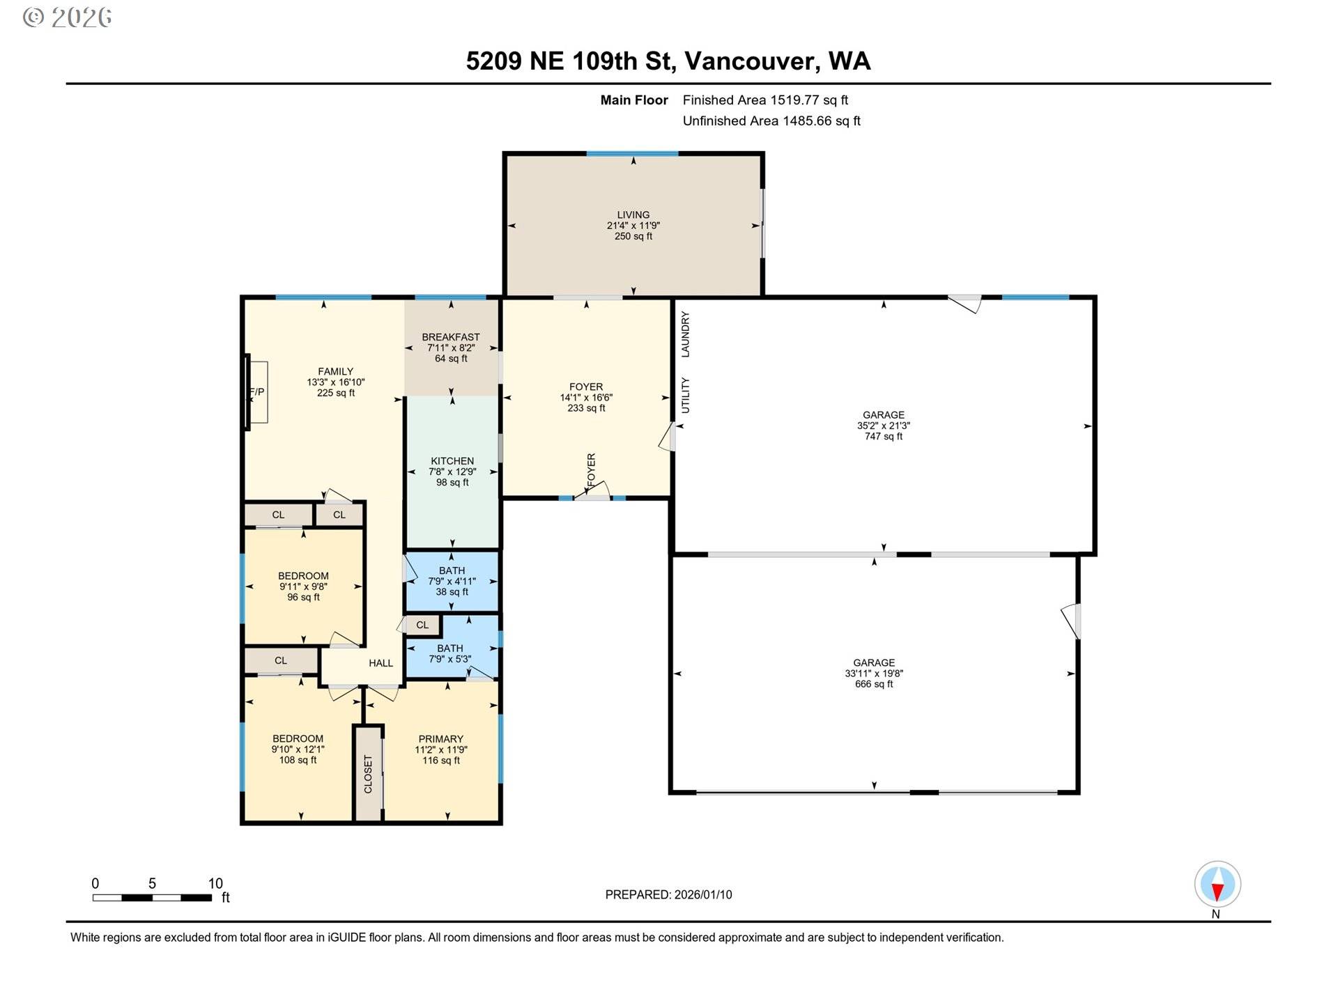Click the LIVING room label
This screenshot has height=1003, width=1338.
tap(633, 215)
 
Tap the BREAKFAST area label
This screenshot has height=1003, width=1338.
tap(451, 337)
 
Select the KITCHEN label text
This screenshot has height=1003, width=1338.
tap(452, 461)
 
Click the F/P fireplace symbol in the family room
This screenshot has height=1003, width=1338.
tap(257, 392)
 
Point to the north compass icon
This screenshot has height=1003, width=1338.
tap(1217, 885)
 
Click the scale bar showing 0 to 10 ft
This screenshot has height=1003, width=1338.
tap(152, 897)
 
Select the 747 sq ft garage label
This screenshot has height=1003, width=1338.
tap(883, 426)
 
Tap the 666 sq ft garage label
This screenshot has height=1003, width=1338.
tap(874, 674)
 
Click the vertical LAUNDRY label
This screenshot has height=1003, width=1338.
tap(685, 334)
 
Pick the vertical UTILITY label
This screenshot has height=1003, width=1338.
tap(685, 396)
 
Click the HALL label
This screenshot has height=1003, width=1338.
tap(380, 663)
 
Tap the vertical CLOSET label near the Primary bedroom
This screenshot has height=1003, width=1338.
tap(369, 775)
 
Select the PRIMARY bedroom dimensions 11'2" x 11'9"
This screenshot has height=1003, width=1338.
tap(440, 750)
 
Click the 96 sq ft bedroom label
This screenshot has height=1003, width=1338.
tap(303, 586)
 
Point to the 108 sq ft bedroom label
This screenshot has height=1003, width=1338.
tap(298, 749)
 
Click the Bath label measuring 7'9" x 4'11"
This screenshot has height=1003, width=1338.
tap(452, 581)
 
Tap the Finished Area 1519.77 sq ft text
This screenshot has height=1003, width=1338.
tap(765, 100)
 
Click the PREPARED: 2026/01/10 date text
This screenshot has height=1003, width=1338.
tap(668, 895)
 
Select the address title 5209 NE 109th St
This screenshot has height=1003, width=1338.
tap(570, 61)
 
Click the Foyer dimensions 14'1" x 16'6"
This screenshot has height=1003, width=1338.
tap(586, 398)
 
